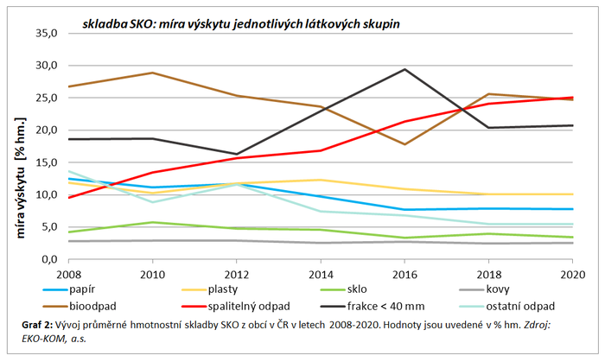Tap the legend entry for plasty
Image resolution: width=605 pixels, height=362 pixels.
point(219,289)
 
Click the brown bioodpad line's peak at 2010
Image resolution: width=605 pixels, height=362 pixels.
point(152,73)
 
